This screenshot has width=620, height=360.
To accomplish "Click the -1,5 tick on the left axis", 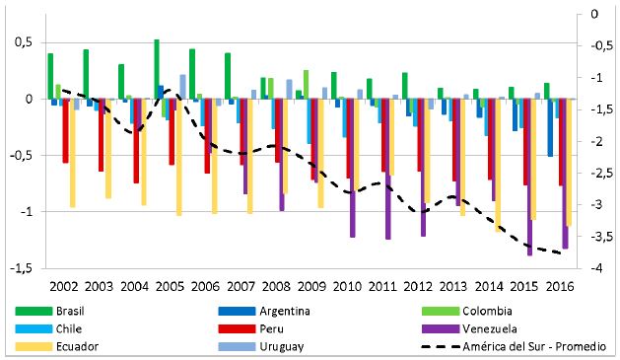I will point(20,268).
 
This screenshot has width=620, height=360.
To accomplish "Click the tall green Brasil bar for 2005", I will point(157,69).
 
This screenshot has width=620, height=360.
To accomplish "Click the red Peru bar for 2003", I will point(101,135).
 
